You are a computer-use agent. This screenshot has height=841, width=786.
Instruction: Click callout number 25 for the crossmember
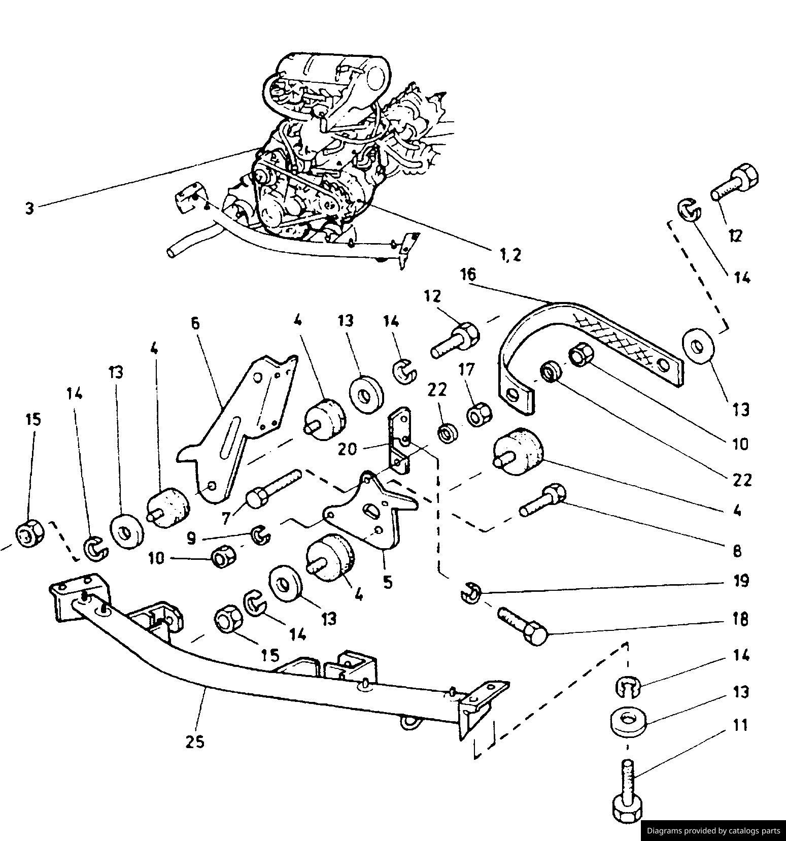(x=194, y=742)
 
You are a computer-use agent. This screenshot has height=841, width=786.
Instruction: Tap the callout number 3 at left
(x=30, y=208)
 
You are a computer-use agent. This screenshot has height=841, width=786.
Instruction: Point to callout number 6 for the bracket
(x=196, y=324)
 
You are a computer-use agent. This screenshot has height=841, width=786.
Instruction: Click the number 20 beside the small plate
(x=348, y=449)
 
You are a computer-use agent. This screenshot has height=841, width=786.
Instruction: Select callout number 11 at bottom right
(x=741, y=725)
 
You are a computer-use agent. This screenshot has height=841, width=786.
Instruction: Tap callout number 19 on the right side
(x=741, y=580)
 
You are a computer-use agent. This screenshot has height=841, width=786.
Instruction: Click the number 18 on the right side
(x=741, y=619)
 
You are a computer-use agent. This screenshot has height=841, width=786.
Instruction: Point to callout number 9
(x=191, y=538)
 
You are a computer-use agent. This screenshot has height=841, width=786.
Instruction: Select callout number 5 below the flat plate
(x=388, y=582)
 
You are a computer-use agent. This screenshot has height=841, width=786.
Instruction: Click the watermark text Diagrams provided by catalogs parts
(x=713, y=831)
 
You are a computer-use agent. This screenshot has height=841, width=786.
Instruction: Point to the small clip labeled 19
(x=471, y=593)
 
